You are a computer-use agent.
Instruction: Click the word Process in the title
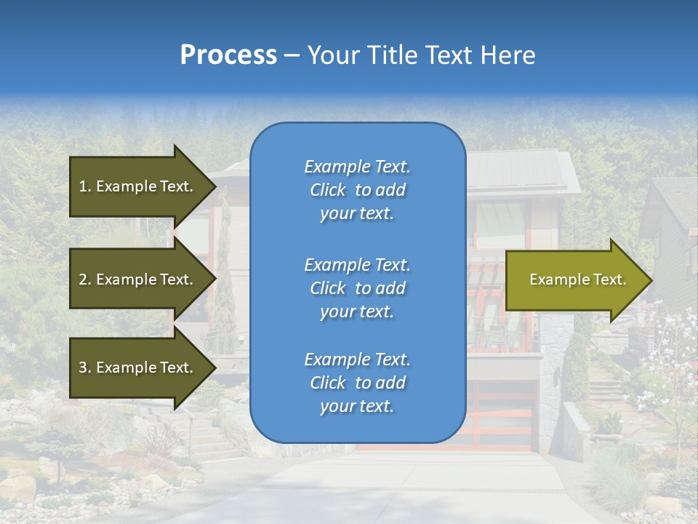point(228,55)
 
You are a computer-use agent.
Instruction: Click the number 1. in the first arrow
point(85,186)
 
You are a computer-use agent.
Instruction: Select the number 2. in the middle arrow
point(85,279)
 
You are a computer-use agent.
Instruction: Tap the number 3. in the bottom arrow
point(85,368)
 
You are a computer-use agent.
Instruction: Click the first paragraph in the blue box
point(357,190)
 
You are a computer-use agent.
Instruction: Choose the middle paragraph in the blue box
point(357,288)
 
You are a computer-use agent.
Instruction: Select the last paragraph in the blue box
point(357,383)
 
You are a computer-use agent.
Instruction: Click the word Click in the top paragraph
point(328,190)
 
